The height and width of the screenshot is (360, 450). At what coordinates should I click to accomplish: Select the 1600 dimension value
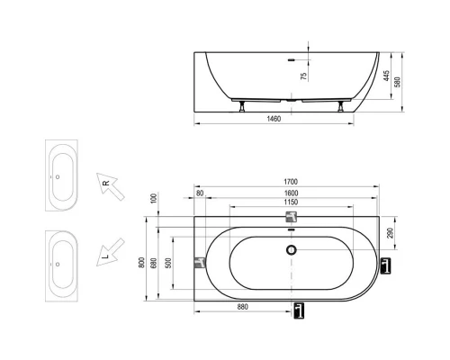(292, 195)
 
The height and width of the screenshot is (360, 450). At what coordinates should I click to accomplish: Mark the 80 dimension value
(200, 195)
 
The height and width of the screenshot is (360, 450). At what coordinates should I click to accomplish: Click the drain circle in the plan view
(291, 249)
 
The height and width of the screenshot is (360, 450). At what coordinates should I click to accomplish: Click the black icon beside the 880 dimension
(299, 310)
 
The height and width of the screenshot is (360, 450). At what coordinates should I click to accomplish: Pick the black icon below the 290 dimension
(386, 265)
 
